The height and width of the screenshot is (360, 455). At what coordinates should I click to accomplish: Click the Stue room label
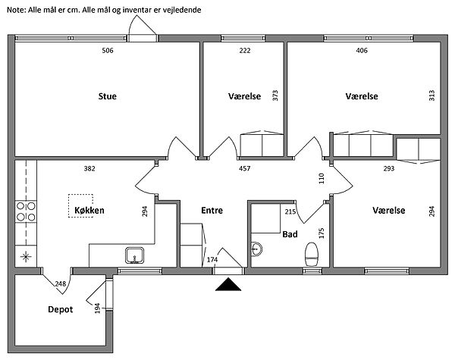point(107,96)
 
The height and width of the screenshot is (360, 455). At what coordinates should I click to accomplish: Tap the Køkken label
point(89,209)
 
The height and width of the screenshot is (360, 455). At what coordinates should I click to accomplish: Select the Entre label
point(212,210)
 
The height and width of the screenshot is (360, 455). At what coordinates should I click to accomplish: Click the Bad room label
point(290,235)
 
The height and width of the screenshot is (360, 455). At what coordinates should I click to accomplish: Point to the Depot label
point(60,309)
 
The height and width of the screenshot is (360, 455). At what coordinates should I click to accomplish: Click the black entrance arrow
point(228,284)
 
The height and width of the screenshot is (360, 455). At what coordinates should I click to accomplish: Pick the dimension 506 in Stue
point(108,51)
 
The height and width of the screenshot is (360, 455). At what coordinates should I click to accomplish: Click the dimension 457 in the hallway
point(245,168)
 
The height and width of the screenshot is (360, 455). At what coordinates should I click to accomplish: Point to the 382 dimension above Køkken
point(89,168)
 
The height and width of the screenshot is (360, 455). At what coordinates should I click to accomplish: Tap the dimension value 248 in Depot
point(61,284)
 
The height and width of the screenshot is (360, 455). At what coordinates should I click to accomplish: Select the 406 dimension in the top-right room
point(362,51)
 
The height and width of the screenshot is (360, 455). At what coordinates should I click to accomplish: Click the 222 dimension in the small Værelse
point(244,51)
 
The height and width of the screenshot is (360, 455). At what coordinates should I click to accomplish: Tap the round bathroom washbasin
point(256,247)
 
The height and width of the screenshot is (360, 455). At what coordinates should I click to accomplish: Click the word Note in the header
point(15,10)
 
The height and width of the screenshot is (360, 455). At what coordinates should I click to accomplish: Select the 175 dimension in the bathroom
point(322,233)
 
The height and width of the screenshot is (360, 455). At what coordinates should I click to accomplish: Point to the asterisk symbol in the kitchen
point(27,255)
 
